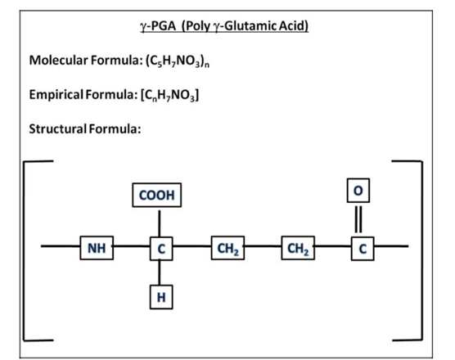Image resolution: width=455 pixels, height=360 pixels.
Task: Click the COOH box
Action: (x=159, y=196)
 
